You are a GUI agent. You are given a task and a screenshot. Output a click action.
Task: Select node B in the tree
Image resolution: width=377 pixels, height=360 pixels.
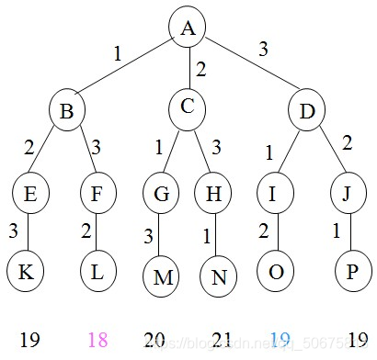click(x=68, y=111)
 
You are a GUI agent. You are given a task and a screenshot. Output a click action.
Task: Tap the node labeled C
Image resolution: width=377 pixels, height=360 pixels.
click(x=188, y=108)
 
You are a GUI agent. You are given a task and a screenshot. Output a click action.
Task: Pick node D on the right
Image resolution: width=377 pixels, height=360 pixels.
click(x=306, y=111)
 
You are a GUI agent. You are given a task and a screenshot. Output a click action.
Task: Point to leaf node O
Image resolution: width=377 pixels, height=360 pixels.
click(x=275, y=273)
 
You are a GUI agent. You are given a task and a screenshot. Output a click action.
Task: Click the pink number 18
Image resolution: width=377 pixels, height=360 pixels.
click(x=97, y=341)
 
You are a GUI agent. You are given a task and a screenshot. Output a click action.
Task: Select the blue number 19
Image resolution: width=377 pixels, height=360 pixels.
click(x=280, y=341)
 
